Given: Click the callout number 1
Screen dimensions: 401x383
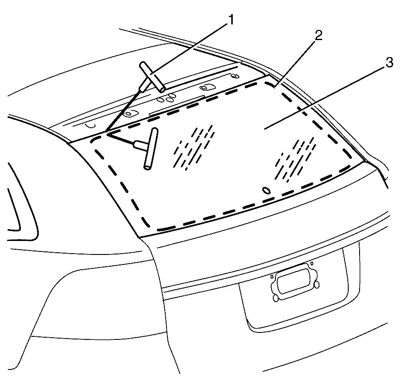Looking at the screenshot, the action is click(231, 20).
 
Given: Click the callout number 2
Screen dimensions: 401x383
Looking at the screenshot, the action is click(318, 36).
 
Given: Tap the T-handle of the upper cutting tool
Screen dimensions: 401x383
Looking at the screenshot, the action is click(153, 77).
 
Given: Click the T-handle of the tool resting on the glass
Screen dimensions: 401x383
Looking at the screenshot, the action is click(151, 149).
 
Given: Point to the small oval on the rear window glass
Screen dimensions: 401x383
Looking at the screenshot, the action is click(266, 190).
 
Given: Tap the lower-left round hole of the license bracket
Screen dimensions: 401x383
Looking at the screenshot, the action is click(276, 298).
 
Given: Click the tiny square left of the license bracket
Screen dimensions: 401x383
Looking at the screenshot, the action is click(272, 276).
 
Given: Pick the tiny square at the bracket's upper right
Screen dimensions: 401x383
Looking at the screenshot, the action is click(312, 263).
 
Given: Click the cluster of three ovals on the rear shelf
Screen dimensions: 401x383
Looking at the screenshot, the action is click(167, 98).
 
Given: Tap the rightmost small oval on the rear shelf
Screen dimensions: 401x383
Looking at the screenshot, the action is click(234, 76).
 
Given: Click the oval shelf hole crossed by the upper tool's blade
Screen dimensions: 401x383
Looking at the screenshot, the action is click(130, 113).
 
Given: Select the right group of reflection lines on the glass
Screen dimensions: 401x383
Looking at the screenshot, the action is click(295, 159).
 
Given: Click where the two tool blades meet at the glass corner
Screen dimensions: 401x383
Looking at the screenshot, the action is click(106, 132).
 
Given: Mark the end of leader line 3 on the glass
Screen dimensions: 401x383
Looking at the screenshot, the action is click(264, 129).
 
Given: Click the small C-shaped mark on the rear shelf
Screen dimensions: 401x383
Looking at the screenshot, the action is click(91, 125).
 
